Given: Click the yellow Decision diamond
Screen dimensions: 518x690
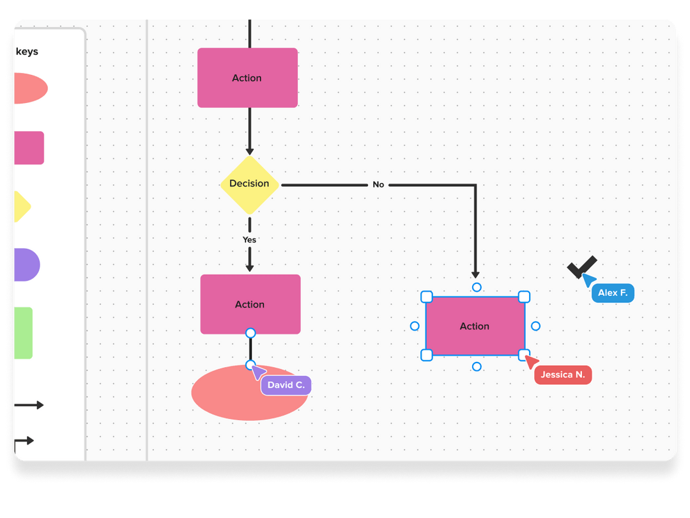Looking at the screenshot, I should (249, 184).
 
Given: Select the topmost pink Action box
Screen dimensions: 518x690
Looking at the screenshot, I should (247, 78).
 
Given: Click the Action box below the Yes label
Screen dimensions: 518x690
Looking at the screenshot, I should (250, 304).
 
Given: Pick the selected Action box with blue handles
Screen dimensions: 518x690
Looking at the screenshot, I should (475, 326).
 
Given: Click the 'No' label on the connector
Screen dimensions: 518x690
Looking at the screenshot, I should (378, 185).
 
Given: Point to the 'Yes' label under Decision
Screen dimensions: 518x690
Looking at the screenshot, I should (249, 240).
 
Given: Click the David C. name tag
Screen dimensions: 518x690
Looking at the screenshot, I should (286, 385).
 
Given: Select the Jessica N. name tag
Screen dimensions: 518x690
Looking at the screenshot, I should (563, 375).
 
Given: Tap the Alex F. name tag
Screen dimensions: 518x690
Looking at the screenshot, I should (613, 293).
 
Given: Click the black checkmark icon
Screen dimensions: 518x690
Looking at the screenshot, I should (581, 267).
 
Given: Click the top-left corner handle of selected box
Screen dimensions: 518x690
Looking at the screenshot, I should (427, 297).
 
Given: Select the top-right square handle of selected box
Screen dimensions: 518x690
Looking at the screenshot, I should (524, 297).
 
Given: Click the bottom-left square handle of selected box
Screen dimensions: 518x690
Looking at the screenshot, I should (427, 355).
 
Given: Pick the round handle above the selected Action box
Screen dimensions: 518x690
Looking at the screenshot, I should (477, 287).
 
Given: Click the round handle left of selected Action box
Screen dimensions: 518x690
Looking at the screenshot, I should (415, 326).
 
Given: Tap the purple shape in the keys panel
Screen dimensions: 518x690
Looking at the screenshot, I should (26, 265).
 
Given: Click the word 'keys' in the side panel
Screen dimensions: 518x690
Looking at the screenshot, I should (27, 52).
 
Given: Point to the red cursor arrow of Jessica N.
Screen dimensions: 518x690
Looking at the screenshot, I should (531, 362).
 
